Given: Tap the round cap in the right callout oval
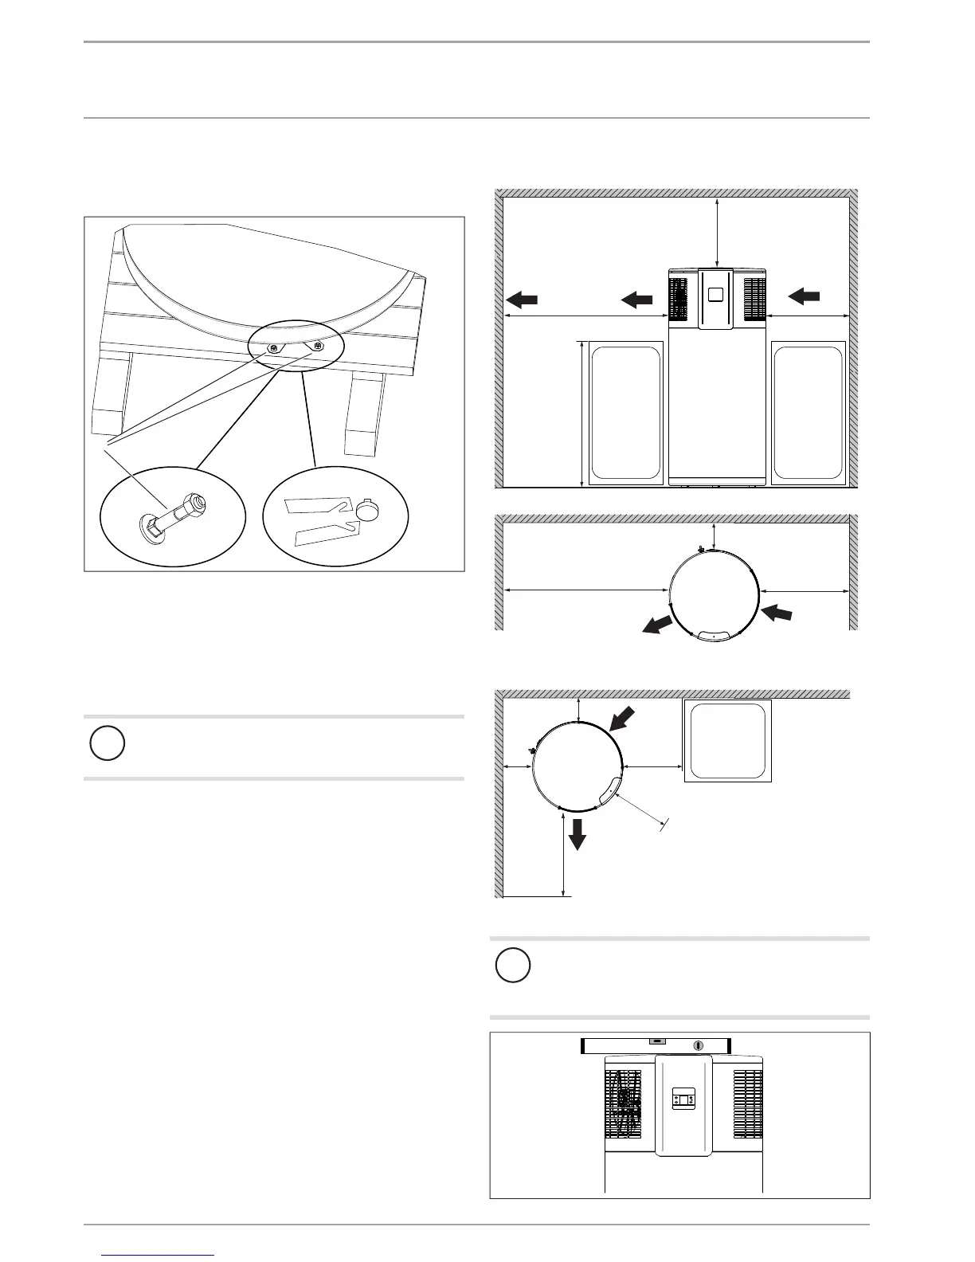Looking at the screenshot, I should [369, 511].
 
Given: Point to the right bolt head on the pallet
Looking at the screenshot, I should [319, 346].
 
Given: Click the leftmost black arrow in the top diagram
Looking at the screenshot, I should [522, 300].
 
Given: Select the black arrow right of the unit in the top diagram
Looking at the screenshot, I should [804, 296].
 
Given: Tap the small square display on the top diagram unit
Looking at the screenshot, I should [715, 294].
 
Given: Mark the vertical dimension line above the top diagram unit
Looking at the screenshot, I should [719, 233].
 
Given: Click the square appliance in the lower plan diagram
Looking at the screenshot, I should [728, 741].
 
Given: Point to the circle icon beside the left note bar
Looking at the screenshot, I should [107, 743].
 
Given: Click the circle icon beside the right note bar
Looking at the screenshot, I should [513, 965].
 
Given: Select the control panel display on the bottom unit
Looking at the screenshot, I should [684, 1100].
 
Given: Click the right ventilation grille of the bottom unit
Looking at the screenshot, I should [747, 1103].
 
